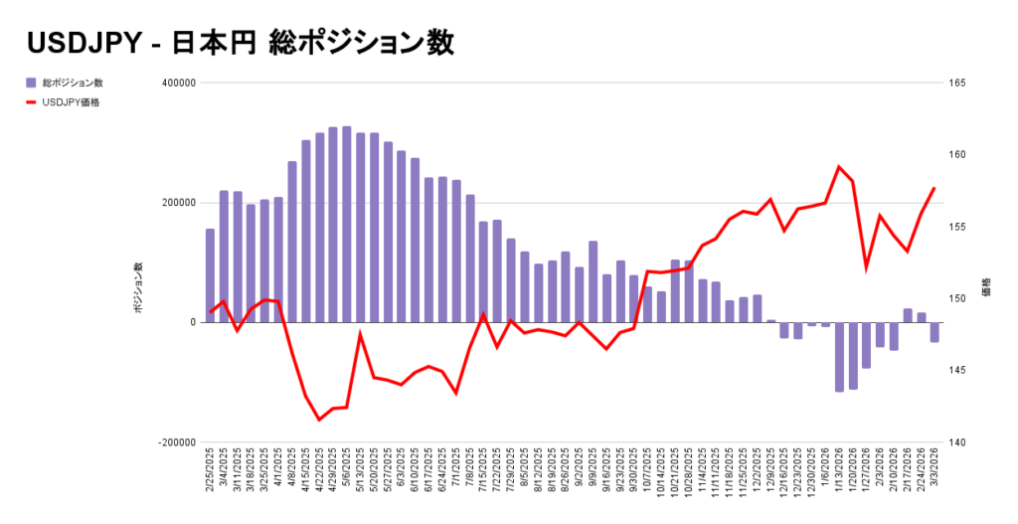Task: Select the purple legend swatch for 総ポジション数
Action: click(x=32, y=83)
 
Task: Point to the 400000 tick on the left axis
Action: click(x=175, y=84)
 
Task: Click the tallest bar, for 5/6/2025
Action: click(x=346, y=224)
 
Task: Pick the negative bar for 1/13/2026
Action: click(x=839, y=357)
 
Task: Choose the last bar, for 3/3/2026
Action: click(x=934, y=332)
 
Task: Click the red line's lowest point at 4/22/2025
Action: click(x=319, y=420)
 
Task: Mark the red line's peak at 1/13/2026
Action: click(x=839, y=166)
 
